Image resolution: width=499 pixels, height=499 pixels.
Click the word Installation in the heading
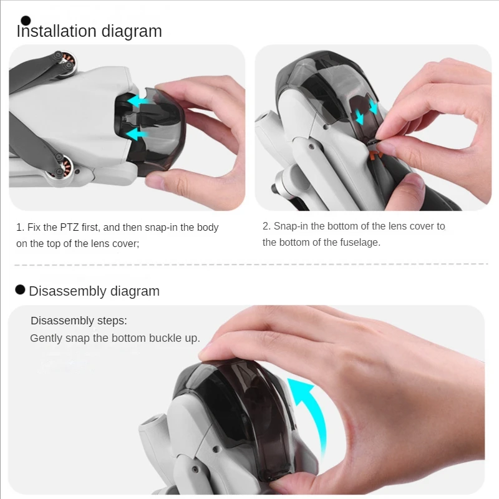click(x=56, y=31)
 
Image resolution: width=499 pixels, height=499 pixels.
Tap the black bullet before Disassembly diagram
click(x=20, y=289)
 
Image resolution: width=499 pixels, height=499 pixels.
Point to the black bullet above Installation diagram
click(x=26, y=21)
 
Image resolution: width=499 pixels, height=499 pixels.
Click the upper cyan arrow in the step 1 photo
click(x=137, y=102)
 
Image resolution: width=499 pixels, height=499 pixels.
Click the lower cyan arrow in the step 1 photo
click(x=137, y=133)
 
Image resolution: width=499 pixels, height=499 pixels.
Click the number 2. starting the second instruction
click(x=267, y=226)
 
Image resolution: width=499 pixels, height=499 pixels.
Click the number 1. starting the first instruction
click(x=20, y=227)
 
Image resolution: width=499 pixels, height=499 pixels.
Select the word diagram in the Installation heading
click(x=132, y=32)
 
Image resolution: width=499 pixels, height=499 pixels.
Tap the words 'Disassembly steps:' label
click(x=79, y=321)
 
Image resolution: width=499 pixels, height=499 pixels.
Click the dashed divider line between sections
click(x=251, y=264)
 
